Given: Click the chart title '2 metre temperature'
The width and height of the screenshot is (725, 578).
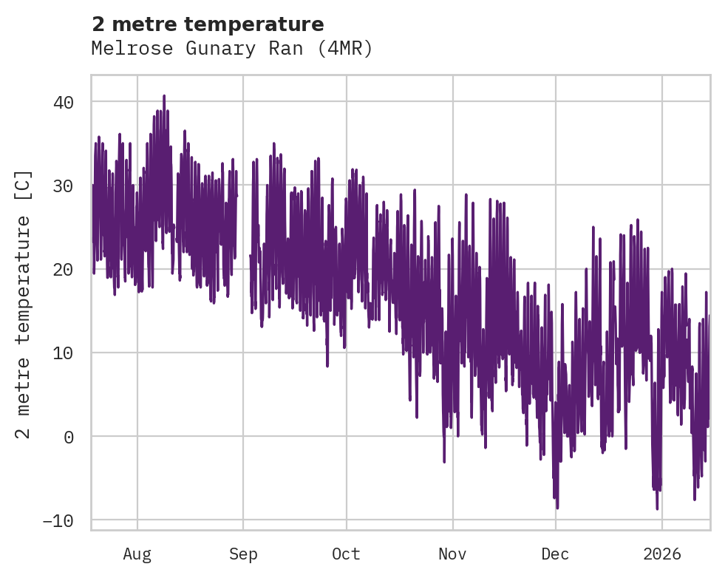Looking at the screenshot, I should pos(208,24).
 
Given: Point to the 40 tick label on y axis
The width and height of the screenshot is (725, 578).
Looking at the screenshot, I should pos(64,102).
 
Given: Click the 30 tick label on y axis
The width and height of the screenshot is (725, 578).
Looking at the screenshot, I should pos(64,186).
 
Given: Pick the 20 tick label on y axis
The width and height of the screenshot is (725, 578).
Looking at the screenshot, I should pos(64,269).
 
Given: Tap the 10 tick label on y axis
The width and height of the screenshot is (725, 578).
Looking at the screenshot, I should pos(64,353).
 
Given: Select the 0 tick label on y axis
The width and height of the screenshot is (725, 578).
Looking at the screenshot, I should pos(69,437).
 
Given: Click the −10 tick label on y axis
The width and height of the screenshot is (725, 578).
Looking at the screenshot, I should pos(58,520).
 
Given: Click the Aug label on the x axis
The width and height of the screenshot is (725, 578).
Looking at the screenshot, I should pos(137,554).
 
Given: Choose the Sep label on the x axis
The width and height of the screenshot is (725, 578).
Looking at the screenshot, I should pos(243,554).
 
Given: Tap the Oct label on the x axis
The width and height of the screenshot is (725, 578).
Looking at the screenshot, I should pos(346,554).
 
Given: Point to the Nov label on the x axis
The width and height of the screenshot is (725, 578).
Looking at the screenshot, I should pos(452,554).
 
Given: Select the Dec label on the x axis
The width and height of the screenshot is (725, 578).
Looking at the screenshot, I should pos(555,554).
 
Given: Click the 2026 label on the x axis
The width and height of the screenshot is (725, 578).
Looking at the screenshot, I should pos(662,554).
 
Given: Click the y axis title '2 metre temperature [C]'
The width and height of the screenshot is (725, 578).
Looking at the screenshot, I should pos(24,304).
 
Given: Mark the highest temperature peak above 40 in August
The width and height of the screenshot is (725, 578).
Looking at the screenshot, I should pos(164,96).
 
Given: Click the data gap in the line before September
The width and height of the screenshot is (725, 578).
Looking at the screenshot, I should pos(243,244).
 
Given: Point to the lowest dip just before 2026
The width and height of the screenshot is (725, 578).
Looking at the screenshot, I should pos(657,508).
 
